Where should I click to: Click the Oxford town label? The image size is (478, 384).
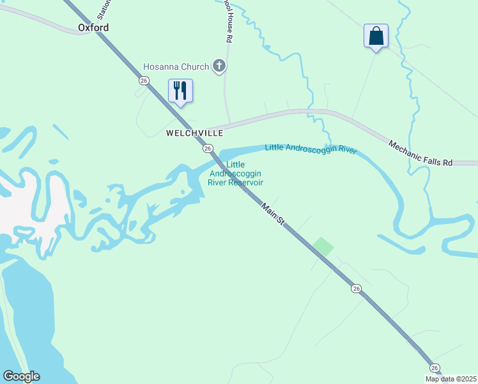tap(93, 28)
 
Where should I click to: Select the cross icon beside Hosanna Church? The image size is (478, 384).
tap(219, 66)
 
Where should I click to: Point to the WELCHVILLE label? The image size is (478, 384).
tap(194, 133)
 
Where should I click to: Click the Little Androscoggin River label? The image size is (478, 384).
tap(311, 149)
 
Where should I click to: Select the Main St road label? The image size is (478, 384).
tap(273, 213)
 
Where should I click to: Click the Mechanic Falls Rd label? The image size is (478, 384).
tap(420, 154)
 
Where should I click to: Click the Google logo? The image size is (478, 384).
tap(21, 376)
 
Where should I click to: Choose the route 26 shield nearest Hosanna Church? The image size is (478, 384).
tap(144, 80)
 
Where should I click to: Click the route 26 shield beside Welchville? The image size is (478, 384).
tap(208, 148)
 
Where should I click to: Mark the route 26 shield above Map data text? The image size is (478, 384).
tap(435, 367)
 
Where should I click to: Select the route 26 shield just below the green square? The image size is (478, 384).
tap(356, 289)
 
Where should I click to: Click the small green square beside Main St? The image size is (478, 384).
tap(323, 246)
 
